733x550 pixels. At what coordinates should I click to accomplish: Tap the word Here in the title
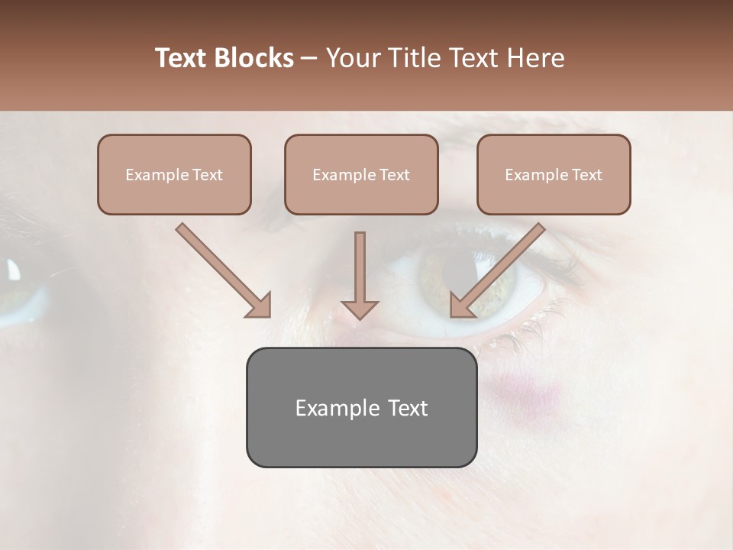pyautogui.click(x=535, y=58)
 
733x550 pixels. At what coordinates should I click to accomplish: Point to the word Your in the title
pyautogui.click(x=352, y=58)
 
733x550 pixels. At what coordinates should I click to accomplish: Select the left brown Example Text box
pyautogui.click(x=174, y=174)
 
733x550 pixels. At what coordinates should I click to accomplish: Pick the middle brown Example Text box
pyautogui.click(x=361, y=174)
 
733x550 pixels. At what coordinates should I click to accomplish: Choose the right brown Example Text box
pyautogui.click(x=554, y=174)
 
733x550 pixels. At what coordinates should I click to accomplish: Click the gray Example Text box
pyautogui.click(x=361, y=407)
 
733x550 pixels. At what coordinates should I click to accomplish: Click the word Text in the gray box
pyautogui.click(x=408, y=408)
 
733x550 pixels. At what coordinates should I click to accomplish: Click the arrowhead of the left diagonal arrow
pyautogui.click(x=260, y=306)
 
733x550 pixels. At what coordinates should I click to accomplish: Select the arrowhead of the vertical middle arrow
pyautogui.click(x=360, y=309)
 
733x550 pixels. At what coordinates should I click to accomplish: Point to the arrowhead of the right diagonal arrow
pyautogui.click(x=461, y=306)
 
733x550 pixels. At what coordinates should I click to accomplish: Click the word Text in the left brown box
pyautogui.click(x=207, y=175)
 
